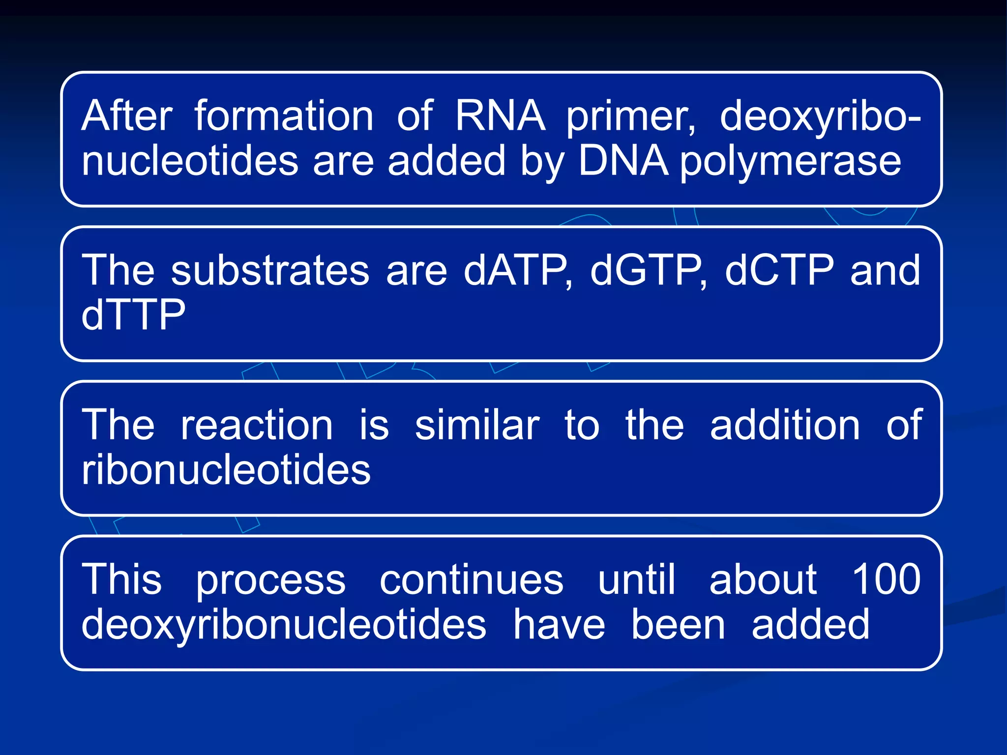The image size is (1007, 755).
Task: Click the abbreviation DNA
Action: [623, 161]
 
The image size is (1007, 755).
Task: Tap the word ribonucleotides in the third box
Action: [226, 469]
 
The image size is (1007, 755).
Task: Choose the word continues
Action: [472, 580]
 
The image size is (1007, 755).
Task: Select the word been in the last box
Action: [678, 624]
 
